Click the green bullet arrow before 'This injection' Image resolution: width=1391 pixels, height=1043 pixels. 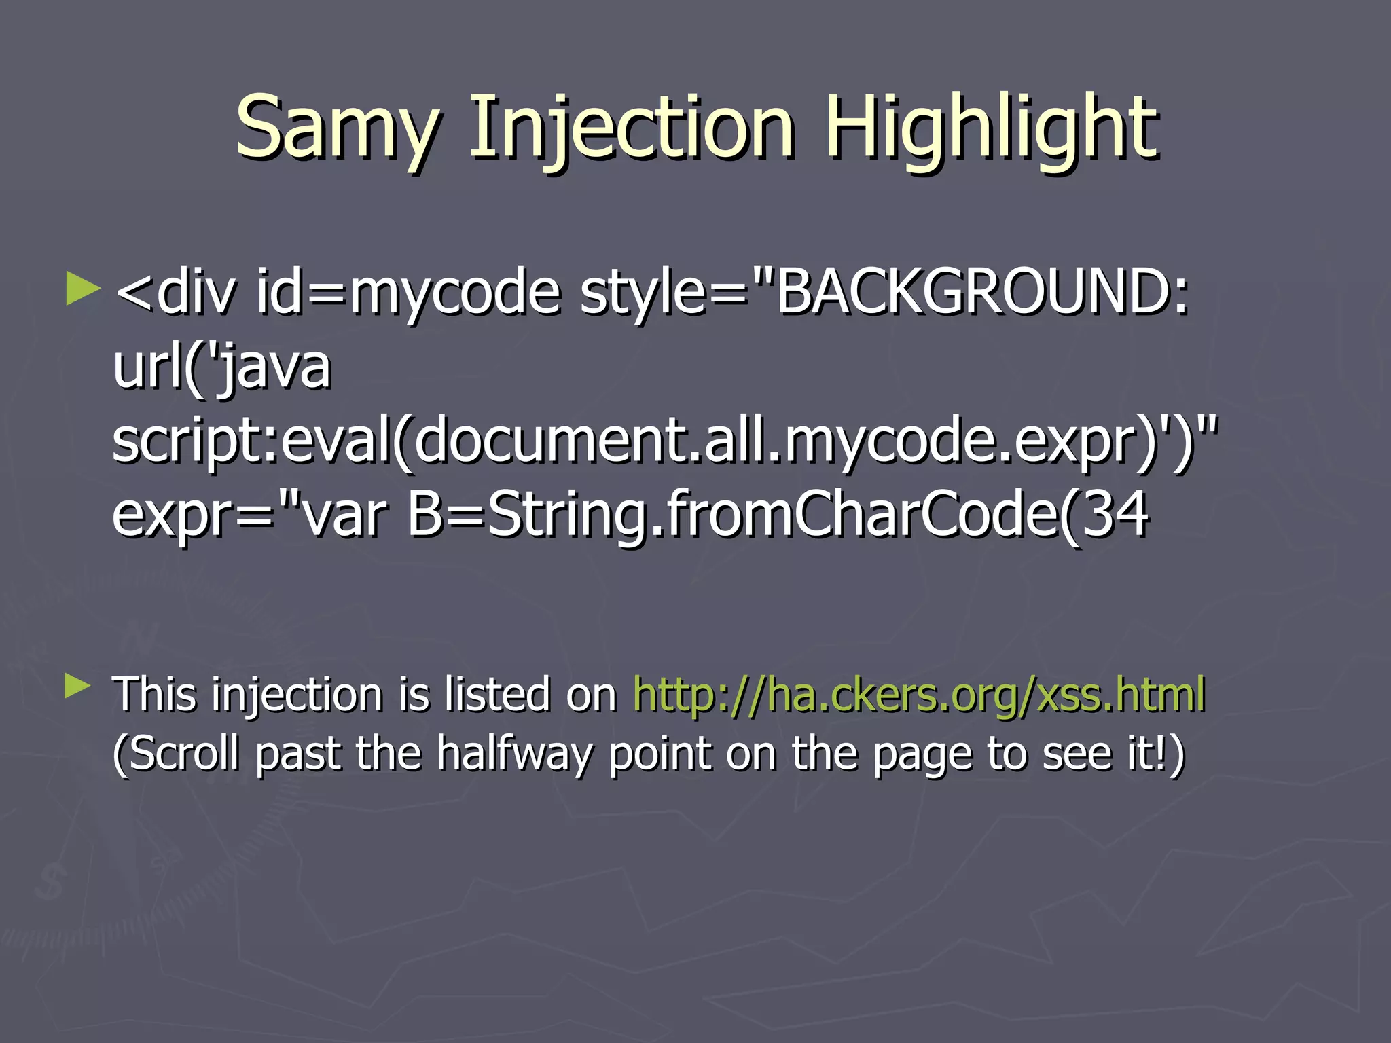click(x=77, y=687)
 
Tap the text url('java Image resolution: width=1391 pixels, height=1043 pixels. click(x=221, y=367)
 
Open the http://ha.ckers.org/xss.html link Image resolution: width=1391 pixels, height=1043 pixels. click(x=919, y=695)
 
